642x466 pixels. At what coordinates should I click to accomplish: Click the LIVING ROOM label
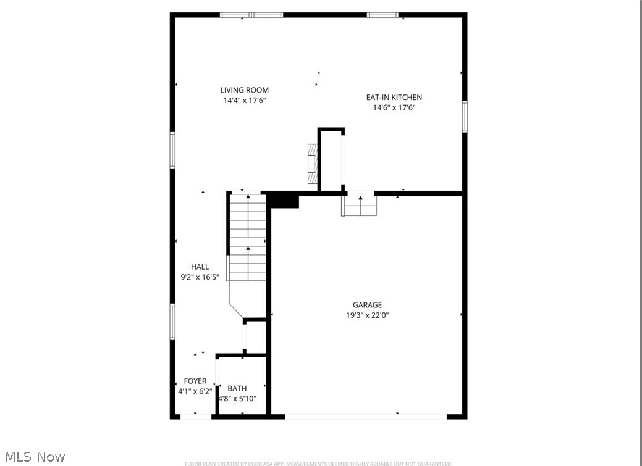click(245, 90)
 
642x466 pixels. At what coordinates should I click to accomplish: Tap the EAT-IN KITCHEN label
click(394, 98)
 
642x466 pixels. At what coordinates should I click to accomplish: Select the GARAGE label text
click(367, 305)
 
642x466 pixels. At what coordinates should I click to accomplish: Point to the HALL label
click(200, 267)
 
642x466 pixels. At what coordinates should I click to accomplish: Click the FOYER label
click(195, 381)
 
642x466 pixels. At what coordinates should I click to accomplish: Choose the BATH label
click(237, 388)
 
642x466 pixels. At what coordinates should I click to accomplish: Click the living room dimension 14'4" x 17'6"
click(245, 101)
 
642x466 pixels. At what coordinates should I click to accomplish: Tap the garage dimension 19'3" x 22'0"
click(367, 315)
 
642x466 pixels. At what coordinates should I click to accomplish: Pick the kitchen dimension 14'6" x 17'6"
click(394, 108)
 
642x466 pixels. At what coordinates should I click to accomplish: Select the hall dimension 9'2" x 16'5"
click(200, 277)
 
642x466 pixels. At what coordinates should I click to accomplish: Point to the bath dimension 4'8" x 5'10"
click(242, 399)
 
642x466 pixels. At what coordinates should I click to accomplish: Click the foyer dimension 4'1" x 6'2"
click(195, 391)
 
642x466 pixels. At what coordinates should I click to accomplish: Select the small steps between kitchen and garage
click(360, 204)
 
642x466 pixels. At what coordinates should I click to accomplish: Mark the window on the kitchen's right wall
click(465, 117)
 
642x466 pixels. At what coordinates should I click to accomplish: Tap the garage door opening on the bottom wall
click(366, 417)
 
